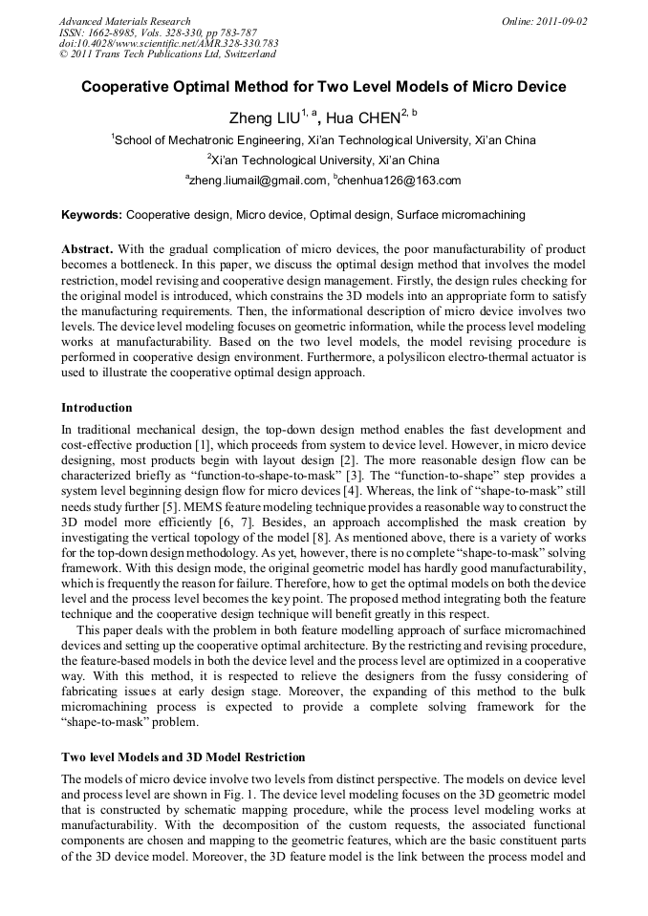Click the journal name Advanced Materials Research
[124, 21]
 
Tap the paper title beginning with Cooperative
[323, 87]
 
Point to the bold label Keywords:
[91, 216]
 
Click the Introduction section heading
[97, 408]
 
